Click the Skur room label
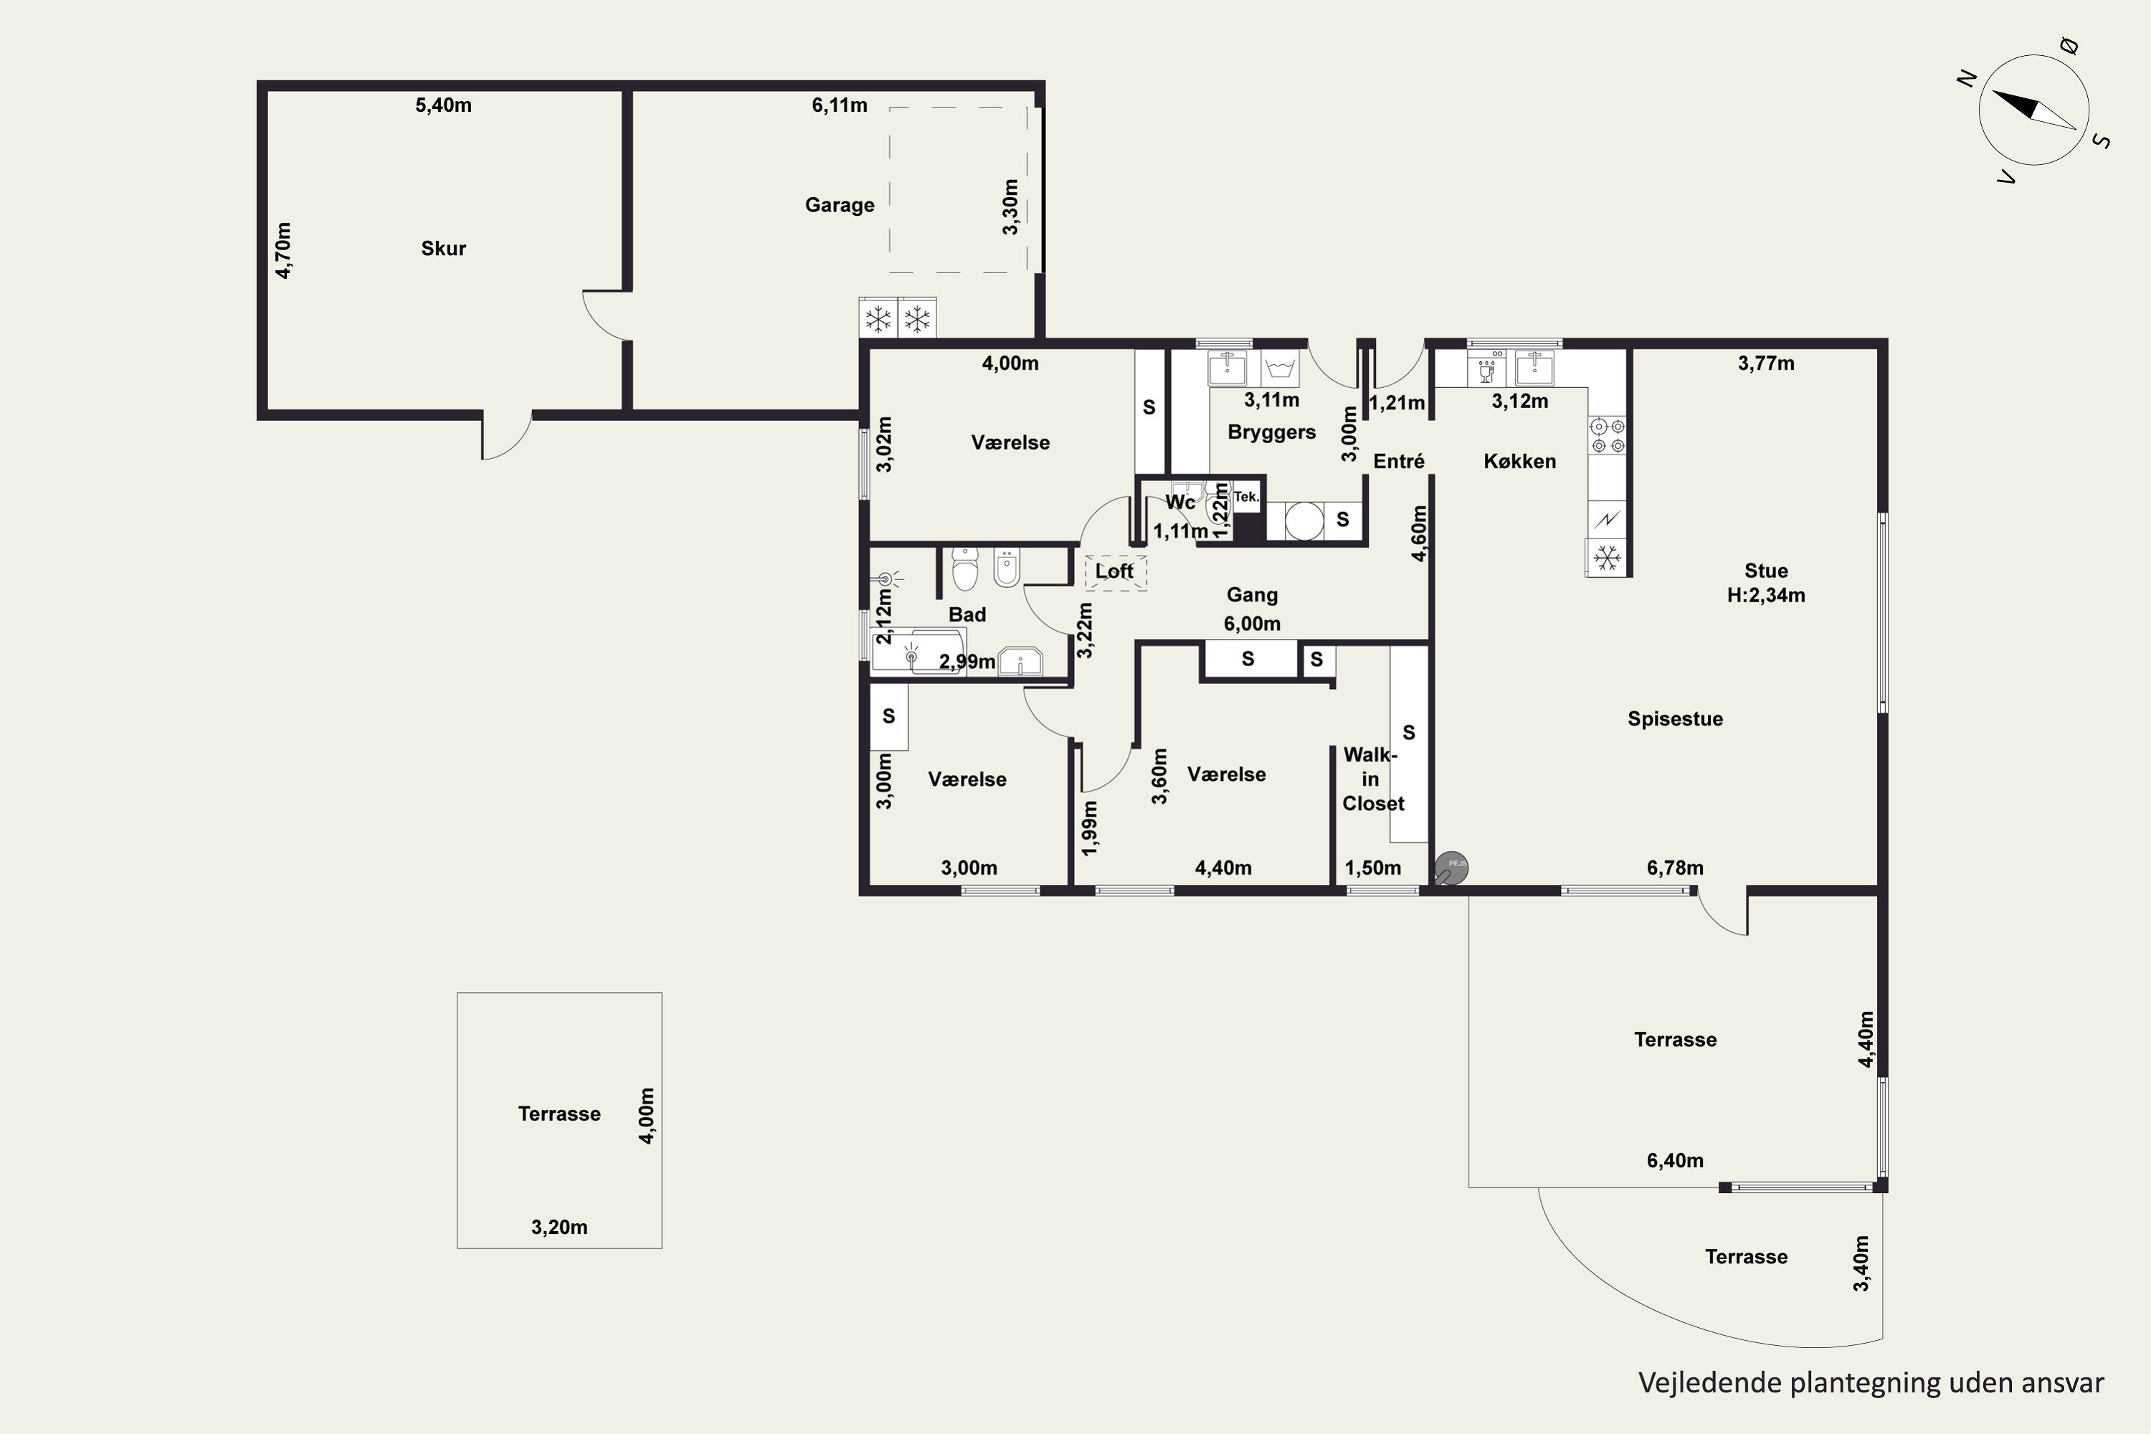[x=444, y=249]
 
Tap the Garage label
[x=840, y=205]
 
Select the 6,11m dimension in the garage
[x=840, y=105]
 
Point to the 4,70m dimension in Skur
[x=283, y=250]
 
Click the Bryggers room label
[x=1271, y=432]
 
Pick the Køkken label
[x=1520, y=461]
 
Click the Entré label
[x=1398, y=461]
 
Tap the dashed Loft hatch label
[x=1115, y=571]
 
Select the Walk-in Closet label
[x=1372, y=779]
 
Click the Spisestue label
[x=1676, y=719]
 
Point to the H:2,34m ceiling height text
[x=1766, y=595]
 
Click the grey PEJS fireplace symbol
[x=1450, y=868]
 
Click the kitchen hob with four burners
[x=1608, y=435]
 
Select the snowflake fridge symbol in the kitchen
[x=1607, y=557]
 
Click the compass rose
[x=2034, y=110]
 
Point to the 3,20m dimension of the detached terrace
[x=560, y=1228]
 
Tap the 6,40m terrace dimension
[x=1676, y=1161]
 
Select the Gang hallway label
[x=1252, y=594]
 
